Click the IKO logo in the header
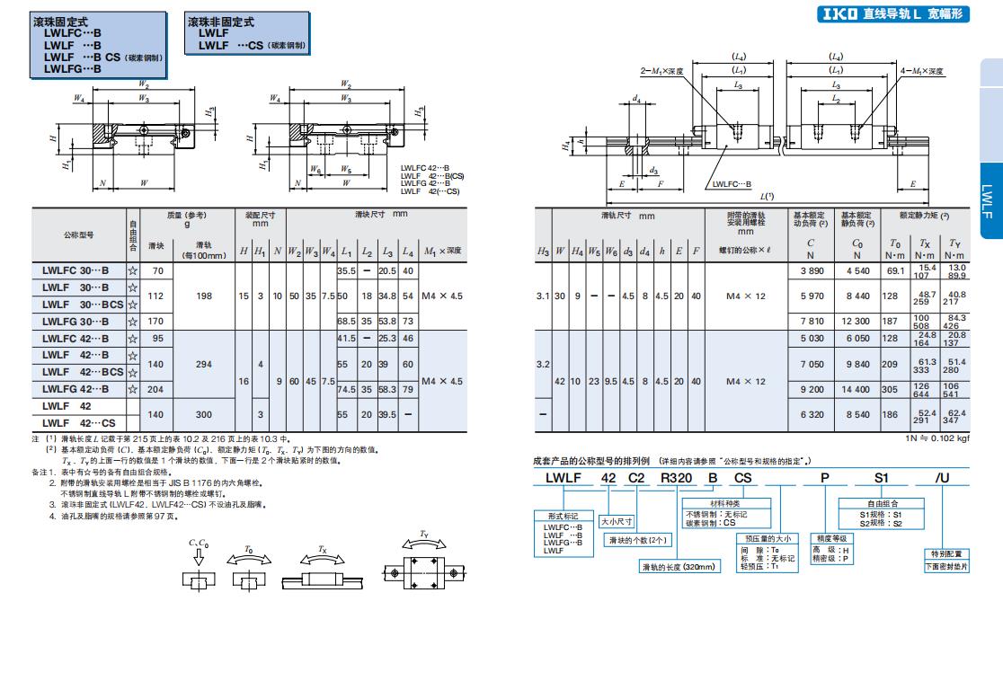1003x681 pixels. point(839,14)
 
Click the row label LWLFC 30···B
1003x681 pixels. point(77,270)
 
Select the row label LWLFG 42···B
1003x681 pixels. point(77,389)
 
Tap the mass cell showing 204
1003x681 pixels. point(156,389)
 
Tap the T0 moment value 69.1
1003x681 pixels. point(893,270)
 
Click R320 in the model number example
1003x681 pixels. point(676,478)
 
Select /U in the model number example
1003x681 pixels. point(942,478)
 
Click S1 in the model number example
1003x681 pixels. point(882,478)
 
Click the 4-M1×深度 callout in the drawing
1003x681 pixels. point(922,70)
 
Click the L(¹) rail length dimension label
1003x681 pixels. point(767,195)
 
